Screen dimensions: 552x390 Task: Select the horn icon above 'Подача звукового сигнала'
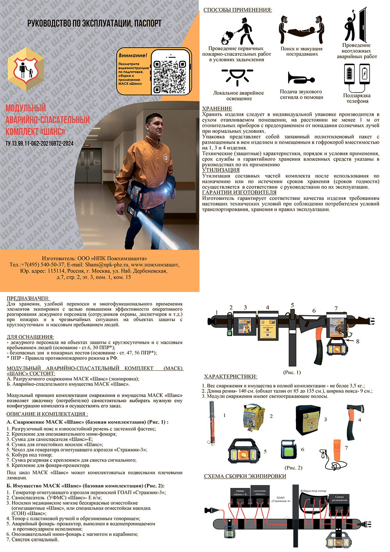click(x=301, y=78)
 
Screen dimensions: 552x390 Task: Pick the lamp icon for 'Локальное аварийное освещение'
click(x=237, y=77)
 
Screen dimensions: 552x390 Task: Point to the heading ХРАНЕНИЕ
click(x=217, y=109)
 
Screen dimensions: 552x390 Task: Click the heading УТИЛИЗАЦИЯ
click(x=221, y=170)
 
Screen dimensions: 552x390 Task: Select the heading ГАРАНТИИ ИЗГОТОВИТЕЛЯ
click(x=239, y=192)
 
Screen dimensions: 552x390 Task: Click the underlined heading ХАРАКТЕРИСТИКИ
click(x=230, y=377)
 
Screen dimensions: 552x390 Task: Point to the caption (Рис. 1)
click(x=292, y=372)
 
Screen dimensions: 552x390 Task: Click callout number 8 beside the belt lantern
click(x=358, y=341)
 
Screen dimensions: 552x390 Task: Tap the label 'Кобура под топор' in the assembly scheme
click(x=314, y=491)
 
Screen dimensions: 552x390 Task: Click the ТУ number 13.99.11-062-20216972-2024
click(x=39, y=144)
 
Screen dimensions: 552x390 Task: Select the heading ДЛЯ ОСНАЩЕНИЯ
click(x=30, y=337)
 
